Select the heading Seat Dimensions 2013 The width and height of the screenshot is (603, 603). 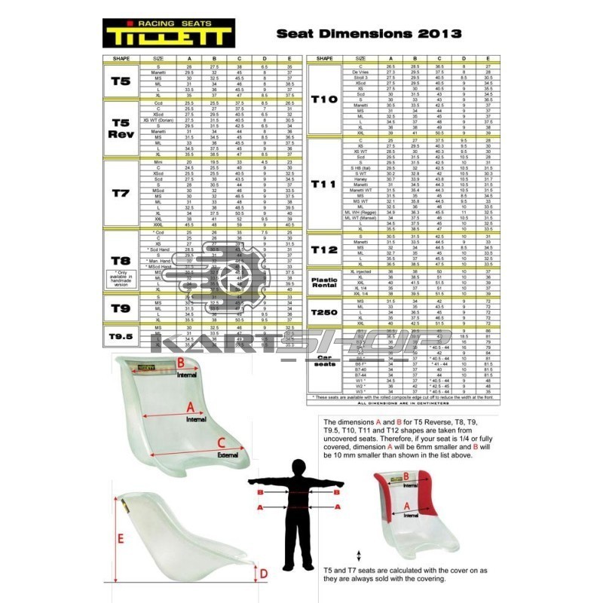369,33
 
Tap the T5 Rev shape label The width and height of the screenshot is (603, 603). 121,128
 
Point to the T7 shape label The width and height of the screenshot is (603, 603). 121,193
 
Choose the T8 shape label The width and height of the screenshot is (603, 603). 121,260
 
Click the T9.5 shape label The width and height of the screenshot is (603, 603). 121,337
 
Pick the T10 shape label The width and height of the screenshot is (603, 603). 324,99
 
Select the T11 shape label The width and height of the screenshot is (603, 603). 324,184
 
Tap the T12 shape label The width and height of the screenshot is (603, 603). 324,249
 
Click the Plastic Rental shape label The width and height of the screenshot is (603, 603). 324,282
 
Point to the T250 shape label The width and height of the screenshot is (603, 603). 324,312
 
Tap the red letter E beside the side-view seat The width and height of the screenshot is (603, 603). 121,540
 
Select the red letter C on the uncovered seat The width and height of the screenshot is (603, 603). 221,443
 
